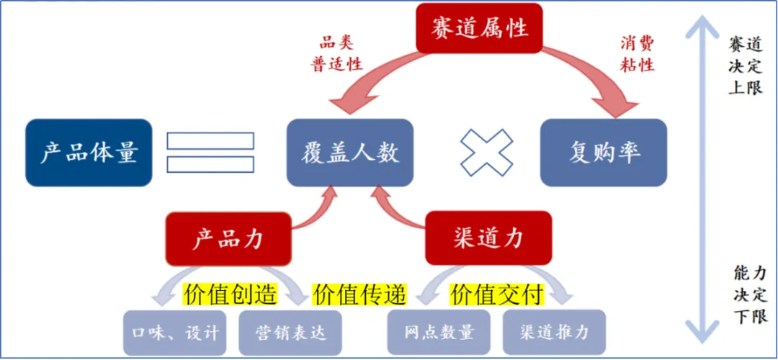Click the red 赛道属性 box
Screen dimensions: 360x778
point(480,28)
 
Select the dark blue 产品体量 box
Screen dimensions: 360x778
point(89,153)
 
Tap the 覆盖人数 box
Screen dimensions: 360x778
point(350,153)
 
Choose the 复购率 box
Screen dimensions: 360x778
point(604,153)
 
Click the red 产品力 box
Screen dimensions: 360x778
point(229,239)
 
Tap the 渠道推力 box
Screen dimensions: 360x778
point(554,333)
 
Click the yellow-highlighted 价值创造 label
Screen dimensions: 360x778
point(231,294)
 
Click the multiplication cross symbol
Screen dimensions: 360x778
point(487,153)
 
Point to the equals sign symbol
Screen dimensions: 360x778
point(210,153)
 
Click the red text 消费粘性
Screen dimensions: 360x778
point(637,53)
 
